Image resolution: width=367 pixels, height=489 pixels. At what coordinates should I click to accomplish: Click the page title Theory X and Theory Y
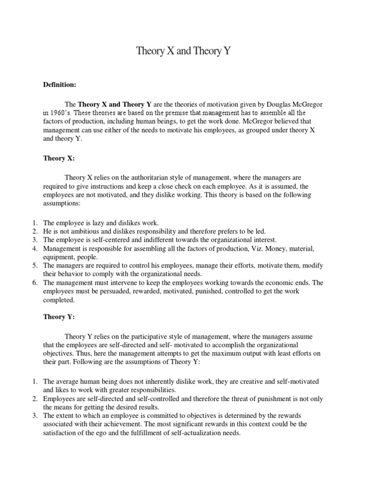click(183, 51)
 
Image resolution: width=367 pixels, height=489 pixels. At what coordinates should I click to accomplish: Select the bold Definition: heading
click(60, 85)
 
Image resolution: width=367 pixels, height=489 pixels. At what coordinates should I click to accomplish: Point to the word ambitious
click(84, 232)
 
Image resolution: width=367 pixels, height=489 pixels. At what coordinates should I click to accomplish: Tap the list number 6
click(35, 283)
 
